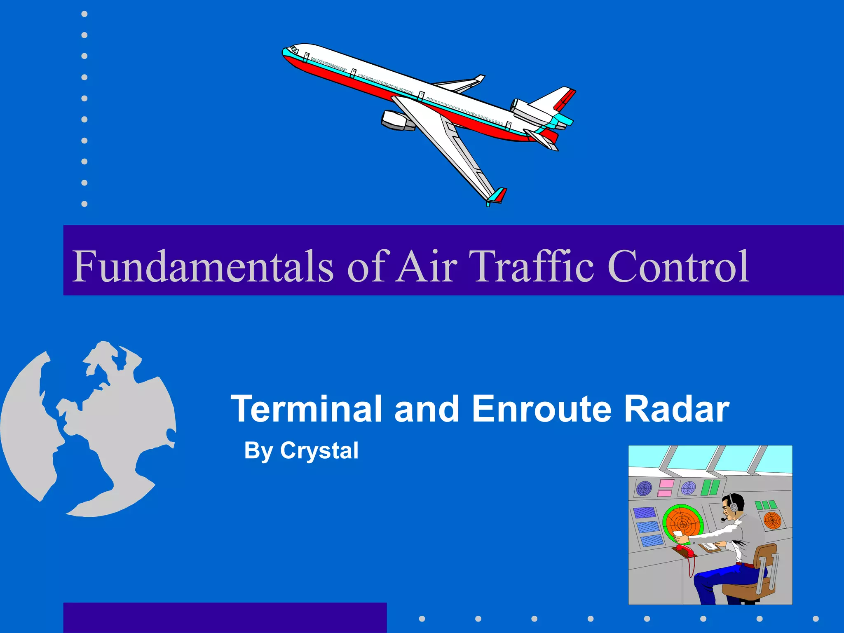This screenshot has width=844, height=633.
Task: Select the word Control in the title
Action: tap(678, 267)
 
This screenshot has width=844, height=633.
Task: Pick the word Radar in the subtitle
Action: tap(676, 409)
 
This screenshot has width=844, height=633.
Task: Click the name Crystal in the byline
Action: tap(319, 450)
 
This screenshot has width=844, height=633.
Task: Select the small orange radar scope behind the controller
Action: tap(772, 520)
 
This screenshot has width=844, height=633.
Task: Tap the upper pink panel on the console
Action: tap(666, 483)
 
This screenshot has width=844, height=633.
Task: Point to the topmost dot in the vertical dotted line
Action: tap(84, 14)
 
